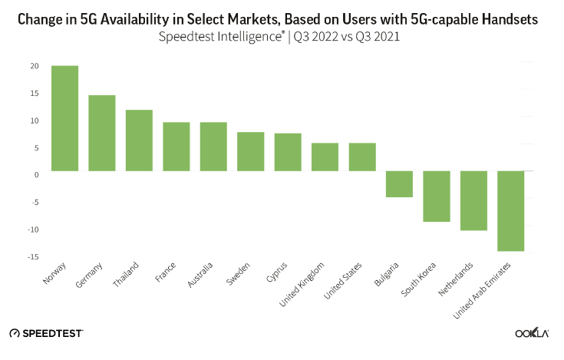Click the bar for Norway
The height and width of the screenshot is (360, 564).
(64, 118)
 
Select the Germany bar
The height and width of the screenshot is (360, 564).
(102, 133)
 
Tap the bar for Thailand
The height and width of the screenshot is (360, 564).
(139, 140)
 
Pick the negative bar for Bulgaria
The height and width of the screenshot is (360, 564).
(399, 184)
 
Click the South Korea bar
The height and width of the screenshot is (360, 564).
(437, 197)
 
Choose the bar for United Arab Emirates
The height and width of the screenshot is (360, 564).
(511, 211)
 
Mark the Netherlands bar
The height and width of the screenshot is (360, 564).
(473, 201)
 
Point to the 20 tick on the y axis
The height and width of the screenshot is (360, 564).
(35, 66)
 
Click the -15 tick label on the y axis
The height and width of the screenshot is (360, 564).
(33, 256)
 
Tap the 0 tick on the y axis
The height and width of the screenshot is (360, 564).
(36, 175)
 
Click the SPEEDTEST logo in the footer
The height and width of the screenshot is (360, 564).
(47, 333)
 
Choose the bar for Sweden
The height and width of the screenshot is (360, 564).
(251, 151)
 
